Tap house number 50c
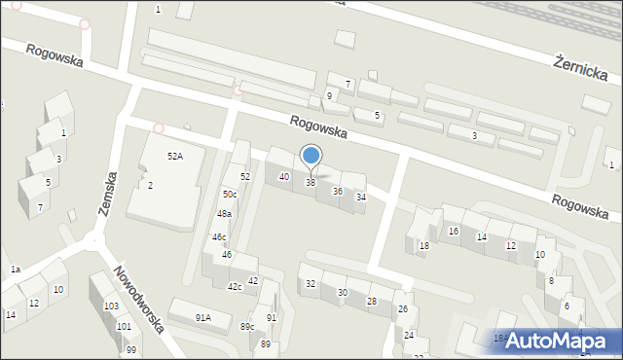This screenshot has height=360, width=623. (x=229, y=195)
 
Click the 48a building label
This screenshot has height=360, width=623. (x=225, y=214)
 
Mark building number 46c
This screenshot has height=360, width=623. (x=220, y=236)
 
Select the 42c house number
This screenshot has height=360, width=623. (x=235, y=287)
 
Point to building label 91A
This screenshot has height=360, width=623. (x=202, y=317)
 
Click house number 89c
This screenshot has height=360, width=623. (x=247, y=326)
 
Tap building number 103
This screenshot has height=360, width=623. (x=112, y=306)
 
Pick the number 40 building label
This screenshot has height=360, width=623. (x=284, y=176)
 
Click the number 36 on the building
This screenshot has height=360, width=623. (x=338, y=191)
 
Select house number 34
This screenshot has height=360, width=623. (x=361, y=198)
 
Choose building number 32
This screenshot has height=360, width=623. (x=311, y=284)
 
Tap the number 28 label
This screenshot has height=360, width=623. (x=371, y=302)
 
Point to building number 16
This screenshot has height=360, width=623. (x=454, y=231)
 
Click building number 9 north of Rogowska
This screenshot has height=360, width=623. (x=329, y=95)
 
